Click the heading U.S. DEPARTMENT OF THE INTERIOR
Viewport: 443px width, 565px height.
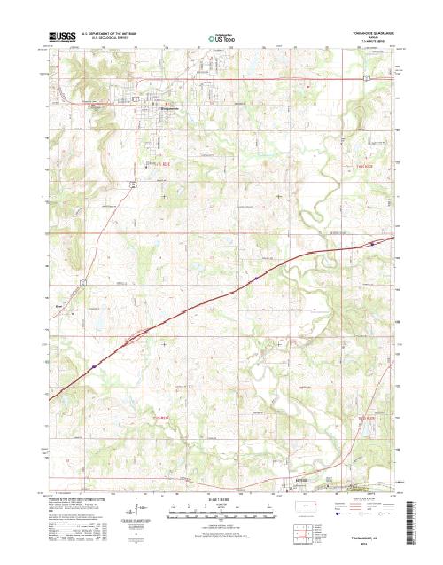click(111, 35)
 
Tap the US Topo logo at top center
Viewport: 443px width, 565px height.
click(221, 38)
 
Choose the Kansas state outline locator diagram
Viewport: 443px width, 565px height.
click(309, 511)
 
